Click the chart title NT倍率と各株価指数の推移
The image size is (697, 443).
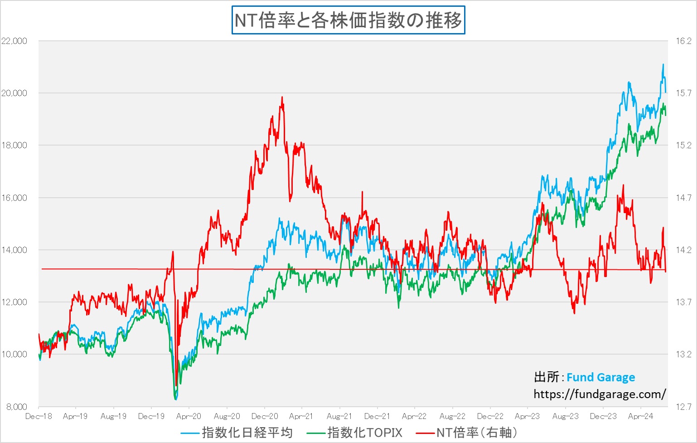(x=348, y=20)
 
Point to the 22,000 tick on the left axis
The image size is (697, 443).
(x=15, y=41)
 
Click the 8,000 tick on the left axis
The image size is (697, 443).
(x=17, y=407)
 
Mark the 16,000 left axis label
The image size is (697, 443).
(x=15, y=198)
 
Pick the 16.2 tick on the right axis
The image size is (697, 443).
(x=683, y=41)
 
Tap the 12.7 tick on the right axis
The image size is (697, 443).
(x=683, y=407)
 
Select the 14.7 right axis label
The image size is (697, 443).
(x=683, y=198)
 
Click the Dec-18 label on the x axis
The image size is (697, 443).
(x=39, y=416)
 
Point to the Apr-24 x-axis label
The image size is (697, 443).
(x=640, y=416)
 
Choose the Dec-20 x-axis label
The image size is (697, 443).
(x=265, y=416)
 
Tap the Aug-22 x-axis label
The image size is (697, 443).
(x=452, y=416)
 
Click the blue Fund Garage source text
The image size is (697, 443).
(x=600, y=377)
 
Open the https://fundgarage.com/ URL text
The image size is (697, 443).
(x=600, y=394)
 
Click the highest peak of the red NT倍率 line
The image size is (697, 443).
(x=282, y=97)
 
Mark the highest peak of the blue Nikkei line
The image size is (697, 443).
(x=663, y=64)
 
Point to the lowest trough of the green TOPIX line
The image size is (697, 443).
(x=175, y=399)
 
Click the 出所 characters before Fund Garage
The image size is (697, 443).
(x=547, y=377)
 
